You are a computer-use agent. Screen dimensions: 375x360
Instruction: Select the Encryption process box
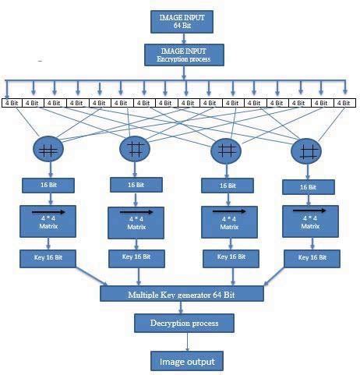point(183,53)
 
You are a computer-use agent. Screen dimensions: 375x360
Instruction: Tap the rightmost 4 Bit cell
point(344,102)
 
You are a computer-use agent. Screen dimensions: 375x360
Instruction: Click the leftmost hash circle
point(48,150)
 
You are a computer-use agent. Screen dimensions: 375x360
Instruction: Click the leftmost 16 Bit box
point(48,187)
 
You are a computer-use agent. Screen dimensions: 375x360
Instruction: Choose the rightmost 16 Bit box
point(308,187)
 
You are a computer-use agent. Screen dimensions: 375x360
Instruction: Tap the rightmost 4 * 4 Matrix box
point(309,221)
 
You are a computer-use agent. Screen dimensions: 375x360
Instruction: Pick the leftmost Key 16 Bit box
point(48,256)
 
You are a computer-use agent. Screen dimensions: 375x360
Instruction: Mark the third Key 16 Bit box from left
point(228,257)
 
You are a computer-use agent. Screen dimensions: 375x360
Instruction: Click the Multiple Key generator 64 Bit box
point(182,294)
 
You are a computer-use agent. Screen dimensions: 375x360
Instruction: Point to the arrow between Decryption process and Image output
point(185,341)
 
